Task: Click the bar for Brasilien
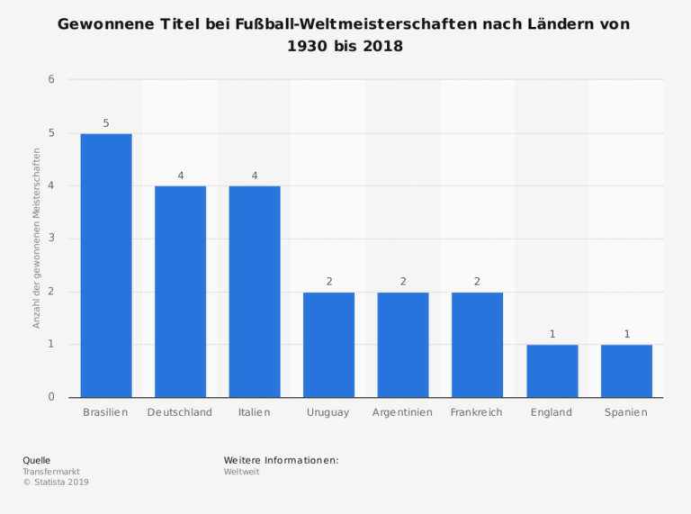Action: (x=106, y=266)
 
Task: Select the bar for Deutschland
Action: (x=180, y=292)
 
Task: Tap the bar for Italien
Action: (x=255, y=292)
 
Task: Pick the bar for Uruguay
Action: (x=329, y=345)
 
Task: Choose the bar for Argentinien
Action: (x=403, y=345)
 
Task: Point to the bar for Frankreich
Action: (x=477, y=345)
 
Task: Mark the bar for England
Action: (x=552, y=371)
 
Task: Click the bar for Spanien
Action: (x=626, y=371)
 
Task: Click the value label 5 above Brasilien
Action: (x=106, y=122)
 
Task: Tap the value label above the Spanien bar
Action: (x=627, y=334)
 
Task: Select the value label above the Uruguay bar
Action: (x=329, y=281)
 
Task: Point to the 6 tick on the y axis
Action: (x=51, y=80)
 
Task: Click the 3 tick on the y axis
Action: (x=51, y=239)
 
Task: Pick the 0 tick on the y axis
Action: (x=51, y=397)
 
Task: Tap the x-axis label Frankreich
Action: (x=477, y=412)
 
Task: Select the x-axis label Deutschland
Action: (x=180, y=412)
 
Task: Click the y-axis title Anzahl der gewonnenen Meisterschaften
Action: (x=37, y=239)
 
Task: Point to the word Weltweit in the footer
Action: (x=242, y=471)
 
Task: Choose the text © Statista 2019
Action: (x=56, y=482)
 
